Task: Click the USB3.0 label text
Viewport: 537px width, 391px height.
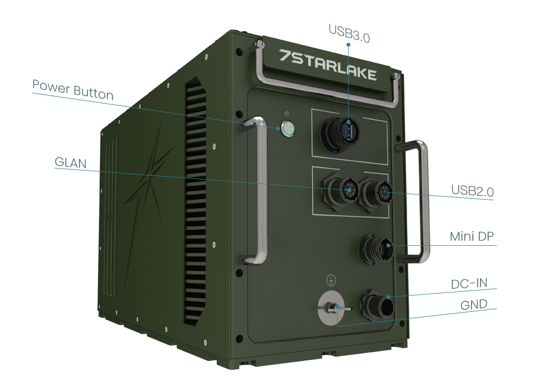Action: [349, 33]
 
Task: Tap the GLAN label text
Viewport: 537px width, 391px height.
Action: [70, 162]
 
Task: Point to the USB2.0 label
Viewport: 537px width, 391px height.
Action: [471, 190]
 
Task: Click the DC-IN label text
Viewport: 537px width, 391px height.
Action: [469, 283]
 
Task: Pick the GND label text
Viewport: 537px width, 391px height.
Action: [473, 305]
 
